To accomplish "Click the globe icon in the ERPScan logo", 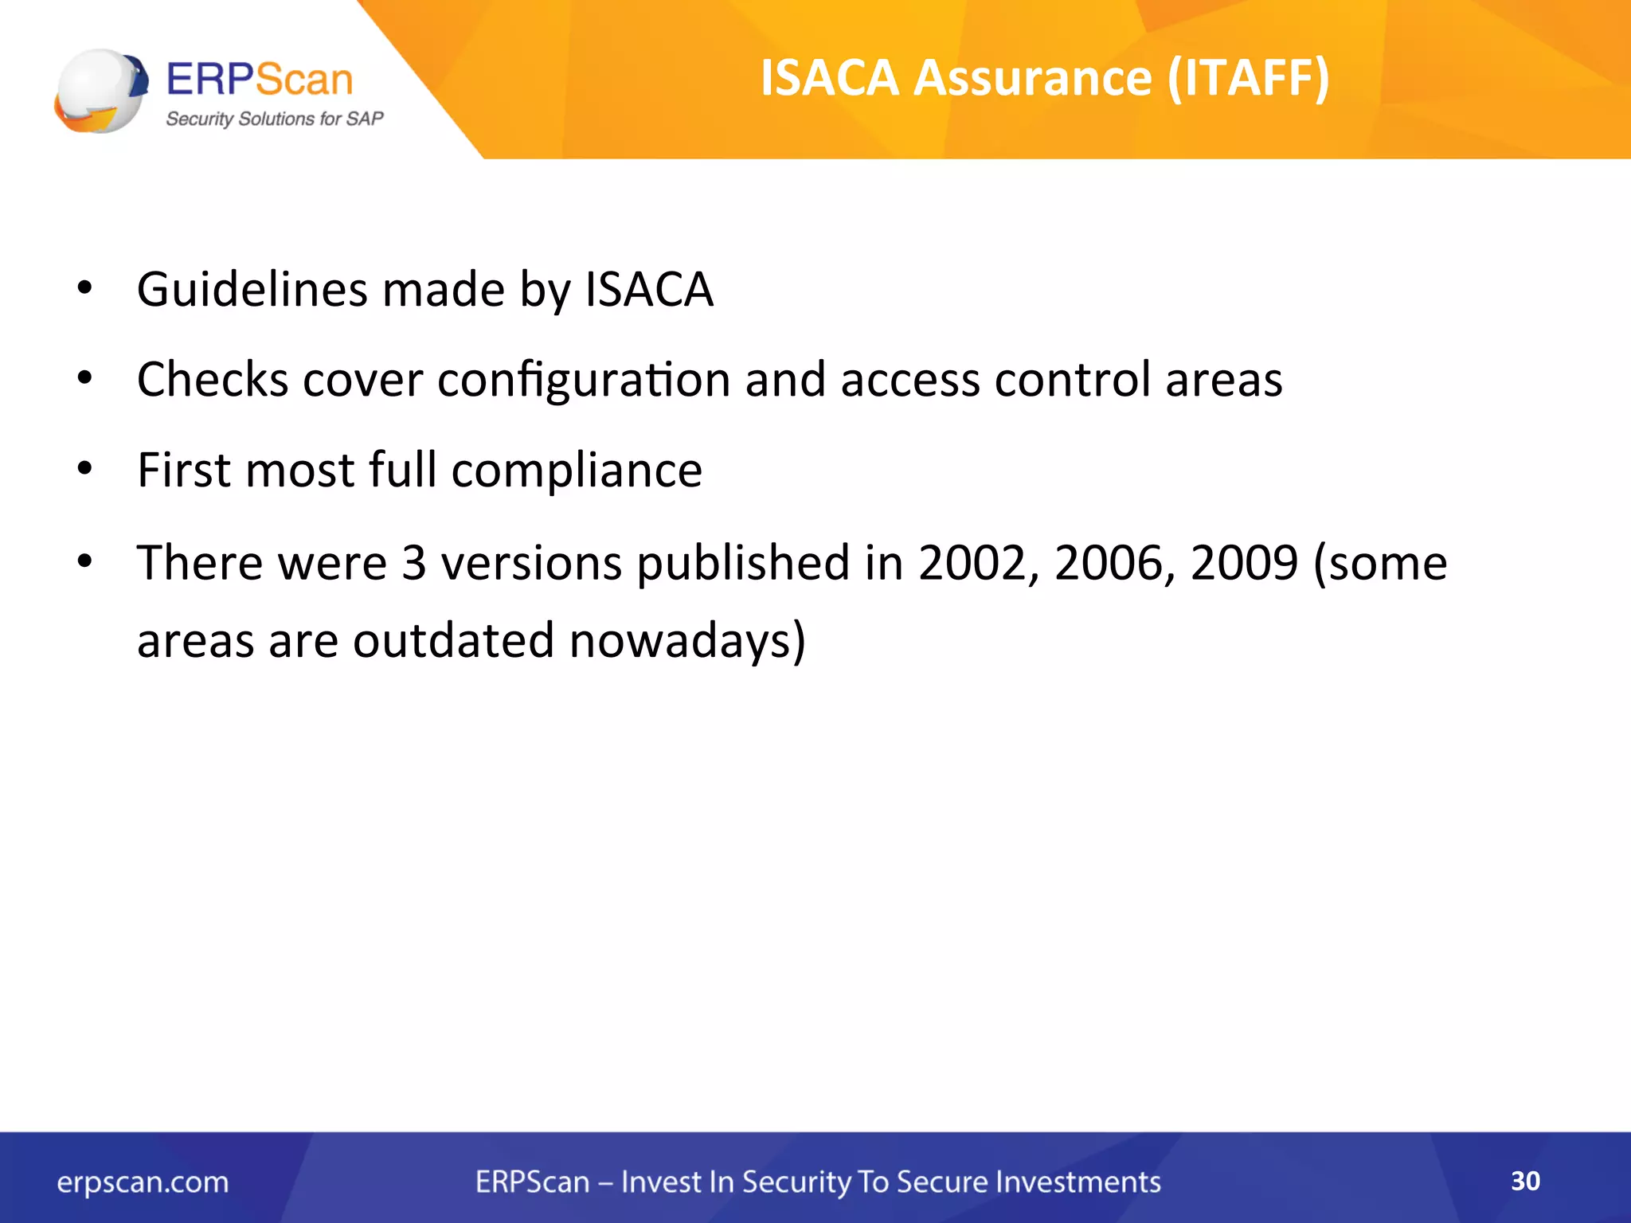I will point(100,91).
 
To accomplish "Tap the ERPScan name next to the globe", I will point(260,80).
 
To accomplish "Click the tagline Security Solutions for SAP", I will point(274,119).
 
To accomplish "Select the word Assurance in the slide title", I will point(1033,78).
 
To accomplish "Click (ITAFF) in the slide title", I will point(1248,78).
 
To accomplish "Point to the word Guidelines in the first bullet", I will point(252,289).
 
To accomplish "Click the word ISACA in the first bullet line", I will point(649,289).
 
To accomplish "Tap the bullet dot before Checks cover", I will point(85,378).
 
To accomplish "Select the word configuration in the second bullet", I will point(583,380).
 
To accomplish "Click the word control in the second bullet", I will point(1072,379).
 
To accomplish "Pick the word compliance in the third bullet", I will point(577,471).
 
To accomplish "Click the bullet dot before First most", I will point(85,469).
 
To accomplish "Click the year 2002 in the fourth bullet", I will point(979,563).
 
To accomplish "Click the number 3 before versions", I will point(414,563).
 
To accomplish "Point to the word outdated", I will point(453,640).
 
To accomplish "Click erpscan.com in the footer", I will point(143,1182).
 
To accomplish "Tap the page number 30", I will point(1525,1181).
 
